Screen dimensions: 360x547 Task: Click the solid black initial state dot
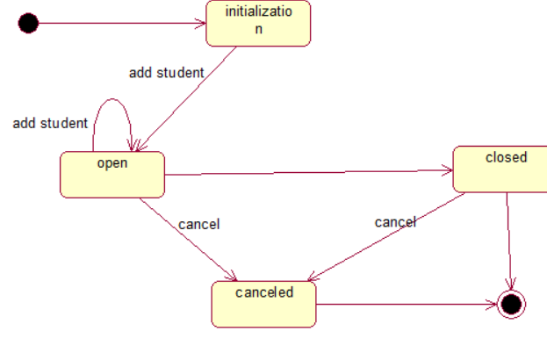click(28, 23)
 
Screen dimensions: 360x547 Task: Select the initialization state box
click(258, 23)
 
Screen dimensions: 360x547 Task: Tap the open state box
click(112, 175)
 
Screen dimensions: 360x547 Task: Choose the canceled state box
click(263, 304)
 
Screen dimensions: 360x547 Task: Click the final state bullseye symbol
click(510, 305)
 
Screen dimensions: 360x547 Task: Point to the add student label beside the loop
click(50, 123)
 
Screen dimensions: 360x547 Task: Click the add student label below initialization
click(166, 73)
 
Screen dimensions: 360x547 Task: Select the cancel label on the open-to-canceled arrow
click(198, 224)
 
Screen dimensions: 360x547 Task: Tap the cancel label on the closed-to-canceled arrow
click(395, 222)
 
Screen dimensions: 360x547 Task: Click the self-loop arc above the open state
click(112, 104)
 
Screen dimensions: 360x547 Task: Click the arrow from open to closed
click(307, 173)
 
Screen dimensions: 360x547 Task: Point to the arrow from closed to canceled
click(386, 237)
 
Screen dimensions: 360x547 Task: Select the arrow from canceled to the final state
click(404, 305)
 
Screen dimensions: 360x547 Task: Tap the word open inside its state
click(112, 162)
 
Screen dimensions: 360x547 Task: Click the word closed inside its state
click(506, 157)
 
